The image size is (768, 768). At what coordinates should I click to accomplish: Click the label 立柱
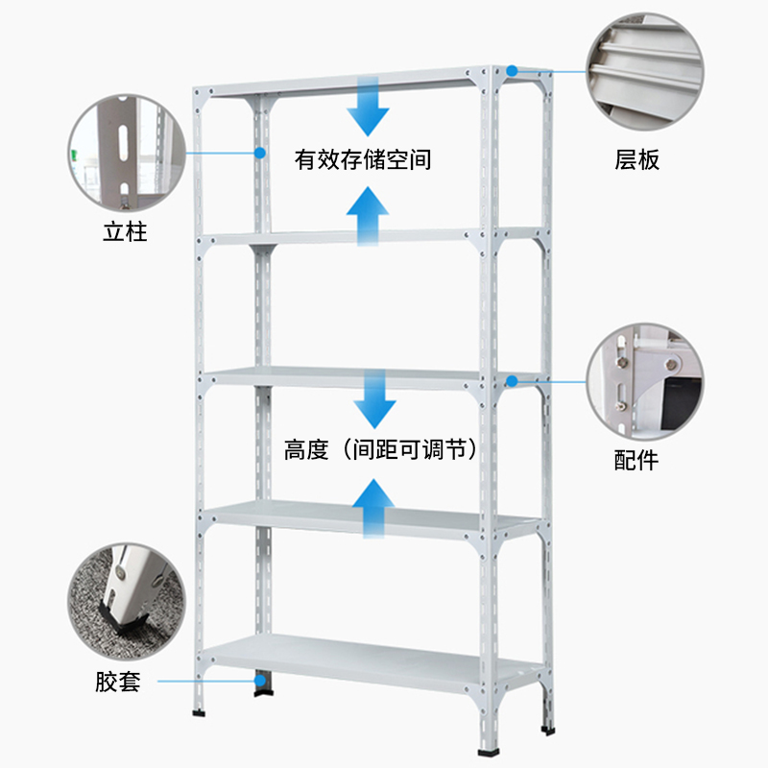click(x=125, y=231)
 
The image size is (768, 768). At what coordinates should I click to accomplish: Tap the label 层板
click(x=636, y=159)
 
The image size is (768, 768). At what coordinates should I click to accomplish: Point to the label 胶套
click(x=118, y=683)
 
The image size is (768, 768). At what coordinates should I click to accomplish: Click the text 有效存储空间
click(x=363, y=159)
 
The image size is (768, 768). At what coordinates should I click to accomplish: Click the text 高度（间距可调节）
click(x=380, y=449)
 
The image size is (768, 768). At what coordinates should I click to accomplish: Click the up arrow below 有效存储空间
click(x=368, y=217)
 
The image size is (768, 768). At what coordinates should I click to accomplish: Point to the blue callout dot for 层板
click(x=513, y=70)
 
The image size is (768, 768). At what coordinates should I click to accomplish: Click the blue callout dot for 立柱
click(x=260, y=151)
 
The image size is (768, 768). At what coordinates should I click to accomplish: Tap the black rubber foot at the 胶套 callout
click(x=261, y=684)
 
